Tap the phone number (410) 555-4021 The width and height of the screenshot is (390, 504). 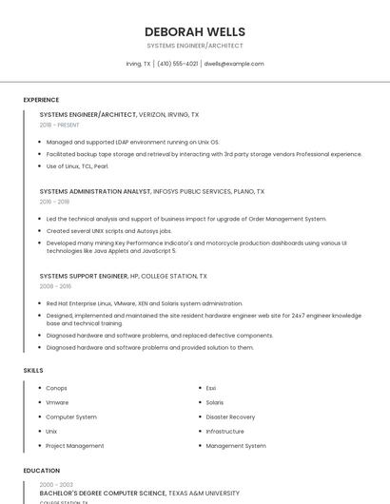click(x=178, y=64)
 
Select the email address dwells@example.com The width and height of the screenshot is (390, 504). click(x=234, y=64)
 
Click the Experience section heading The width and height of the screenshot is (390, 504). click(x=41, y=99)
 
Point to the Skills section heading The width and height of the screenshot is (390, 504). click(x=33, y=370)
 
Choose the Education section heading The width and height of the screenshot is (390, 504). click(x=42, y=471)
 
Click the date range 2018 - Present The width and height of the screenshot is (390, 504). click(x=60, y=125)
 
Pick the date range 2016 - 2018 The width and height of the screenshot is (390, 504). click(x=55, y=202)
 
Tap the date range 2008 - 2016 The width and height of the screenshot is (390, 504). click(x=55, y=285)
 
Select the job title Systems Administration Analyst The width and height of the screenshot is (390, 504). click(x=95, y=191)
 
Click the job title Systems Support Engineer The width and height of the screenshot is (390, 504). click(x=84, y=276)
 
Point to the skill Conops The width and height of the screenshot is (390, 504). click(x=56, y=388)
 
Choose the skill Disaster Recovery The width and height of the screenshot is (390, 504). click(x=230, y=417)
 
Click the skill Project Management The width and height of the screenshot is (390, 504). click(x=75, y=445)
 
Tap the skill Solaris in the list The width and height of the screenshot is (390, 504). click(x=215, y=402)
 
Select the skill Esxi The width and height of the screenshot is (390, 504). click(x=211, y=388)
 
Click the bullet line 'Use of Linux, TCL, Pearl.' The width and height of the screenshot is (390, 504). click(x=77, y=166)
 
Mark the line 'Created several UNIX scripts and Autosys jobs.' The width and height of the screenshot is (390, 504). click(x=108, y=230)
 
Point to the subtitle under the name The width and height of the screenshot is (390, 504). click(x=194, y=46)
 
